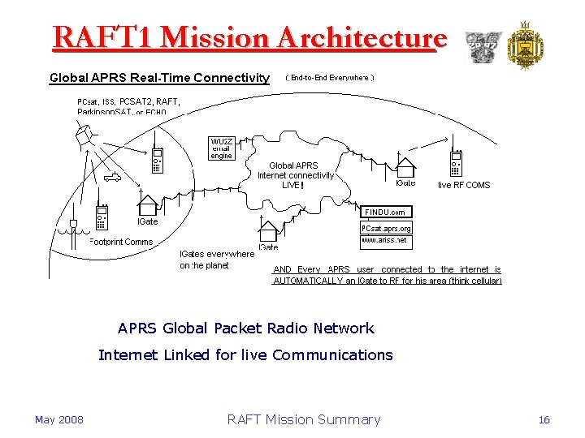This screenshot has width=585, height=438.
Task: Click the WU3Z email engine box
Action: click(x=222, y=148)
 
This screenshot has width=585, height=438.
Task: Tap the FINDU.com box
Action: click(x=385, y=213)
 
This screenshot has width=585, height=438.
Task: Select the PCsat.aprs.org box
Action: click(x=386, y=229)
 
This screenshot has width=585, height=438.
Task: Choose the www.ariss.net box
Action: click(x=385, y=242)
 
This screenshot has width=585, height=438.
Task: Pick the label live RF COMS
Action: click(x=464, y=185)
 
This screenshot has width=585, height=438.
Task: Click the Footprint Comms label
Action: click(x=121, y=242)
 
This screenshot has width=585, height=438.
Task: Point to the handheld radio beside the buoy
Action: click(x=102, y=216)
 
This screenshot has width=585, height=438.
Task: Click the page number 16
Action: click(x=544, y=419)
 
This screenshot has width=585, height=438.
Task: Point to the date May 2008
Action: click(x=58, y=419)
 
